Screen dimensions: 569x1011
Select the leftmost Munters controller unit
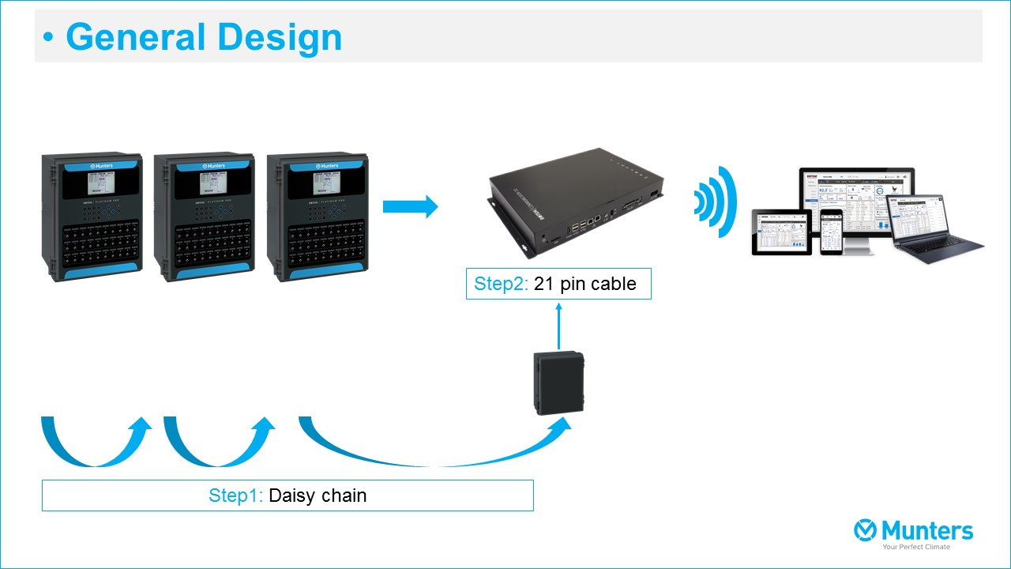point(92,217)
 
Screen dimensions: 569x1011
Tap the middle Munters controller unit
point(205,217)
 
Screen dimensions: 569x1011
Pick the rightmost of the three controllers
point(318,217)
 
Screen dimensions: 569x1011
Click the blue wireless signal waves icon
point(716,202)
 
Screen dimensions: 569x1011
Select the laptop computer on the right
point(938,229)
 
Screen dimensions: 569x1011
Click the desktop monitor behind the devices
point(857,194)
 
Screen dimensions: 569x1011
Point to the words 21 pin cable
point(585,284)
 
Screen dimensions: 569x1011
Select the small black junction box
point(558,383)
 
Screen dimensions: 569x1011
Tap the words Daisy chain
point(318,496)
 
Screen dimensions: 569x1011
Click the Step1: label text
point(235,496)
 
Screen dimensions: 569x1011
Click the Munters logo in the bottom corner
point(914,532)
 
